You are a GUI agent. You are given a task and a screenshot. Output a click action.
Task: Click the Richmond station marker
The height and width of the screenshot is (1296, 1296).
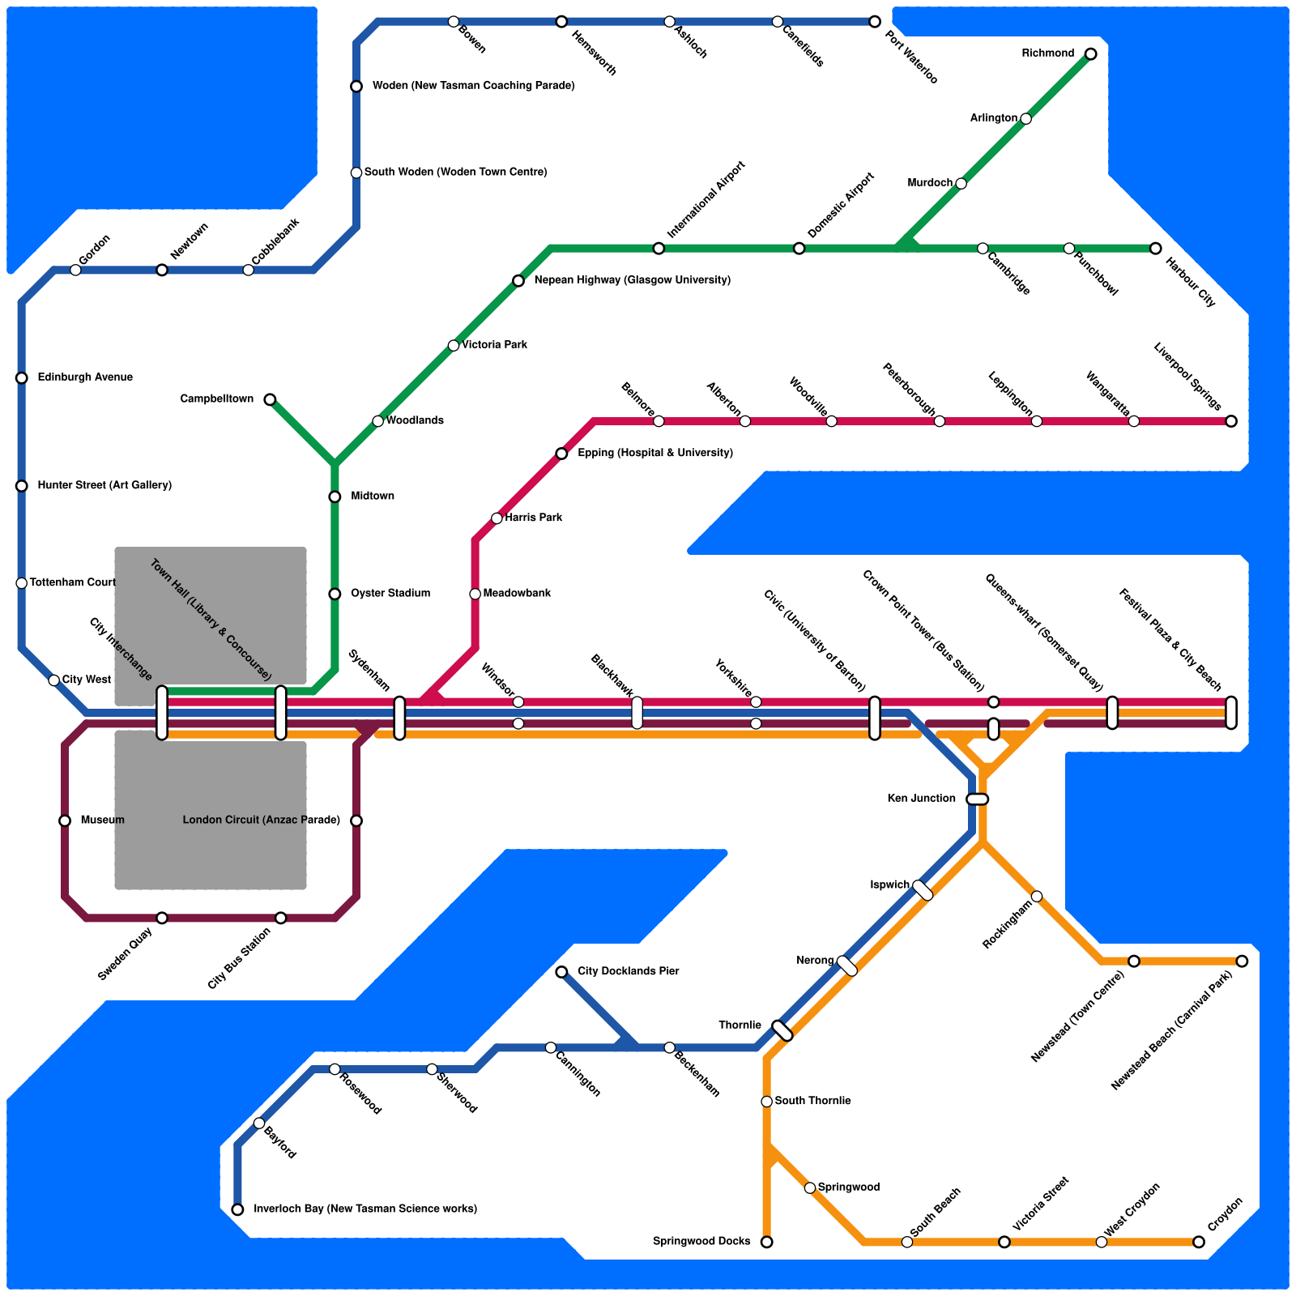click(1090, 54)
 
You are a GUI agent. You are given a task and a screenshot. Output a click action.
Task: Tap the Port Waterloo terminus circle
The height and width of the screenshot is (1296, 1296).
click(875, 22)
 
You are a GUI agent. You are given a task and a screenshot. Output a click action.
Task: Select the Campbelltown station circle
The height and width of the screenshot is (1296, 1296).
click(270, 399)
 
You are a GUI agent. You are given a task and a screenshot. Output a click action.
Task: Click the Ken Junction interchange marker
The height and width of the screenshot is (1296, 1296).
click(978, 799)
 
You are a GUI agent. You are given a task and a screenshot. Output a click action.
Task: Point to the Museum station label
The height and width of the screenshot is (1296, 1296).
click(103, 821)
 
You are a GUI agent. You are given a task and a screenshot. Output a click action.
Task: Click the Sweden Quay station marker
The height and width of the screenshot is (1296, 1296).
click(162, 918)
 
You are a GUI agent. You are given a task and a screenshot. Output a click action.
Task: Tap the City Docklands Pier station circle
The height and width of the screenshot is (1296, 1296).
click(561, 971)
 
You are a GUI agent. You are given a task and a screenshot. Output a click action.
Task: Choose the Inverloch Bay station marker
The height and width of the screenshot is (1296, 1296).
click(237, 1209)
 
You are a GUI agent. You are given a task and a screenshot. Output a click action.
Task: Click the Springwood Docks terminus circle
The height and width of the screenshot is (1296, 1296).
click(766, 1242)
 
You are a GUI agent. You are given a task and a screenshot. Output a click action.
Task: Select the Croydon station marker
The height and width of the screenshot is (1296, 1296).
click(1199, 1242)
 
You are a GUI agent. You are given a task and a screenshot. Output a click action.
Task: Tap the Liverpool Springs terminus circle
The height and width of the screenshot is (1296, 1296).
click(1231, 421)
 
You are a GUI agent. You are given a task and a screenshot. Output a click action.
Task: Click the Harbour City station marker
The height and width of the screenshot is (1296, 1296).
click(1155, 249)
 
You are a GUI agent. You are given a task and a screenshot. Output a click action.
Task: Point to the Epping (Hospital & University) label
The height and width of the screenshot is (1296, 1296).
click(655, 453)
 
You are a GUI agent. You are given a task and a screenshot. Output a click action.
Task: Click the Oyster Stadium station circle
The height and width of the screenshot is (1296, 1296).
click(335, 594)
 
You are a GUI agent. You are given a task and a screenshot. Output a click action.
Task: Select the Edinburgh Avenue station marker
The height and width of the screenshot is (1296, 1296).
click(22, 378)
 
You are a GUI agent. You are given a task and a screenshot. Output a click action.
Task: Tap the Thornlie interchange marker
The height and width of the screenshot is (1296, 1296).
click(782, 1031)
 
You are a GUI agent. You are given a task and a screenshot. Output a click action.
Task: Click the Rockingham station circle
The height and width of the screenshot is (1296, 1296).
click(1037, 896)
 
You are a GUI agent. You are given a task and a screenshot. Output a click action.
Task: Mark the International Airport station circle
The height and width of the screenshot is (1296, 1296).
click(659, 249)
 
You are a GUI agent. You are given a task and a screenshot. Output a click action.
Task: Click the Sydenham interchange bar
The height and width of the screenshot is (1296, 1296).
click(399, 718)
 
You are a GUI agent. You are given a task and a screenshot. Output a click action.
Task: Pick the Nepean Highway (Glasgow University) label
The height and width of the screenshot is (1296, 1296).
click(633, 280)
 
